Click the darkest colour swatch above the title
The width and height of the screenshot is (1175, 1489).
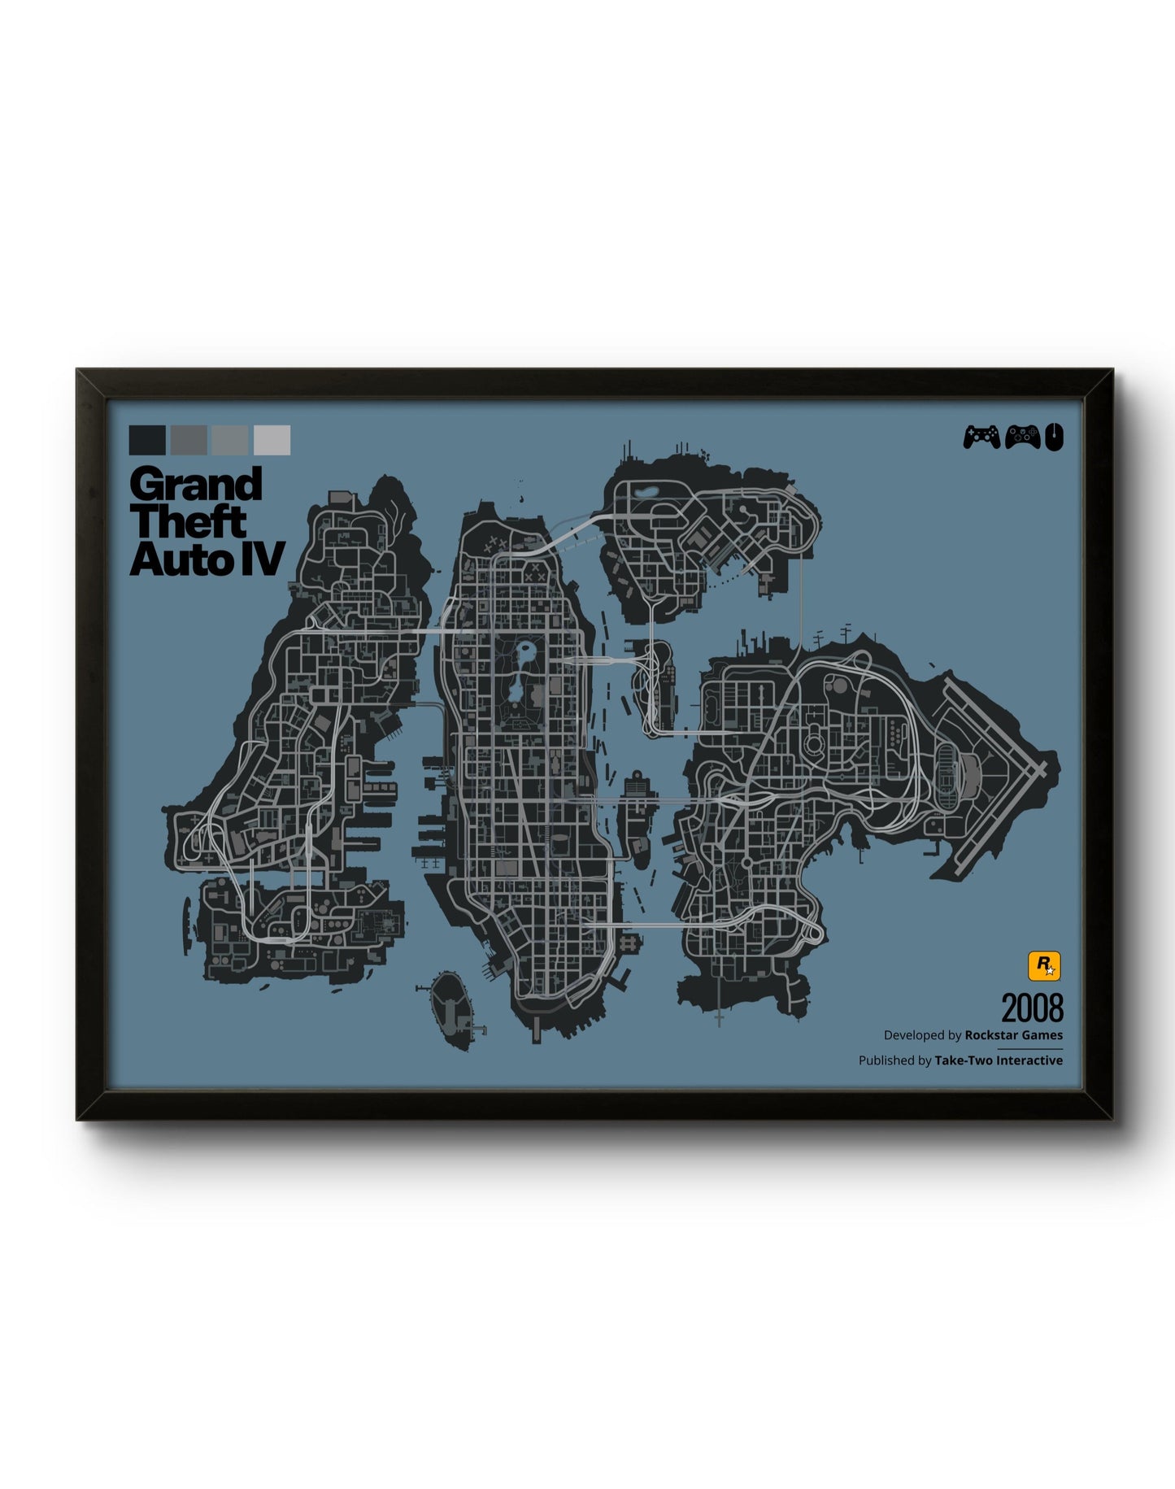(x=146, y=440)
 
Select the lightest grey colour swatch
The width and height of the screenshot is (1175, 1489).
(x=272, y=440)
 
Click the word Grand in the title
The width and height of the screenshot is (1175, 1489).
(x=196, y=485)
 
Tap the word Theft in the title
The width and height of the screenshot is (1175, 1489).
(x=188, y=522)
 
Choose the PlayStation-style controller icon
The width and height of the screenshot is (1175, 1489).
(x=981, y=438)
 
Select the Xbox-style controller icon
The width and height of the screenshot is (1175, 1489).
(x=1022, y=438)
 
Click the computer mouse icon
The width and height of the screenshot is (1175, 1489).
(x=1054, y=438)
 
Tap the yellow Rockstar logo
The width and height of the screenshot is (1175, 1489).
(x=1044, y=966)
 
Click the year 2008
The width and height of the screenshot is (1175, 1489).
(x=1032, y=1008)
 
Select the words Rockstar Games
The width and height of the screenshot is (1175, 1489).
(x=1013, y=1035)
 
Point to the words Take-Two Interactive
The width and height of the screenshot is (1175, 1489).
(x=999, y=1060)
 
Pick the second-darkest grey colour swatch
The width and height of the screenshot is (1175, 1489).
(x=189, y=440)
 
